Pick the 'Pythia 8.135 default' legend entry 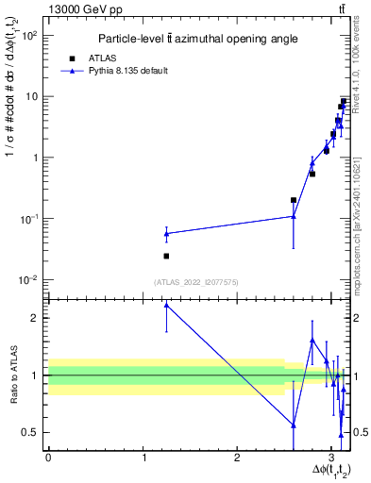point(117,71)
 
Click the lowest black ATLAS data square point(166,256)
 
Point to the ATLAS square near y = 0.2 point(294,200)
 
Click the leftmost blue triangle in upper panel point(166,233)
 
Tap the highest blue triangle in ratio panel point(166,305)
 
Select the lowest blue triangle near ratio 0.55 point(294,425)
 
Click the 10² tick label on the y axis point(30,35)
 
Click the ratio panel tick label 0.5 point(30,432)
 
